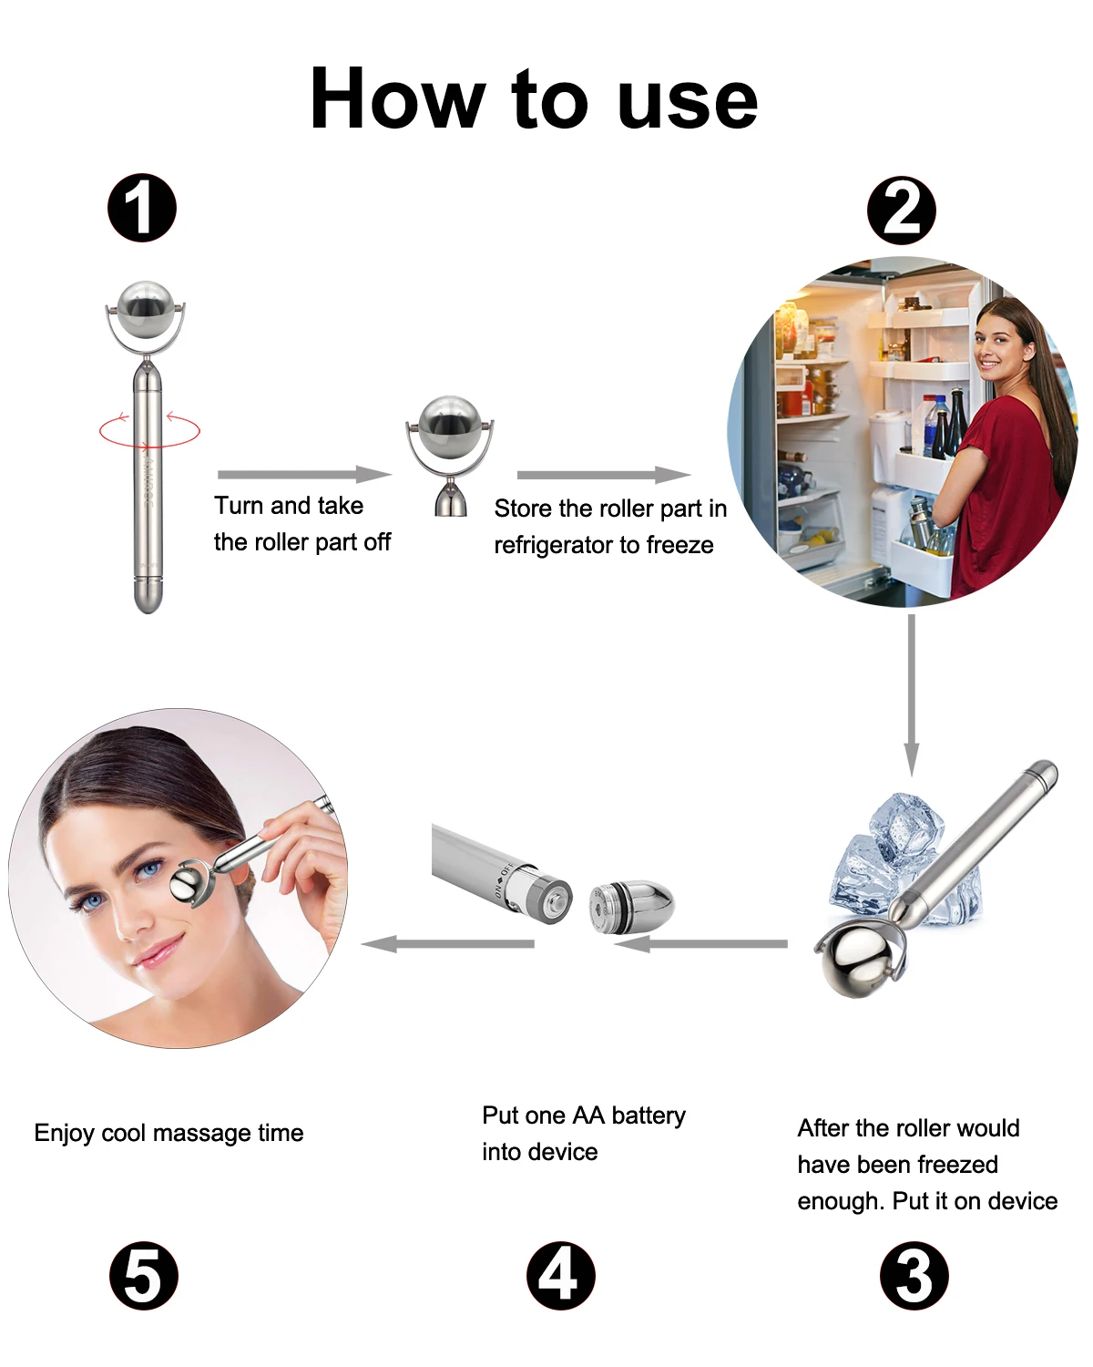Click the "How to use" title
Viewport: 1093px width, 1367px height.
pyautogui.click(x=534, y=98)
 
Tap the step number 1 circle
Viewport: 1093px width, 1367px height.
pyautogui.click(x=142, y=208)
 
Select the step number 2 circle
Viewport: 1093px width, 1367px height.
pyautogui.click(x=901, y=211)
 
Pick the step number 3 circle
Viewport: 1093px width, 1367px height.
pyautogui.click(x=914, y=1275)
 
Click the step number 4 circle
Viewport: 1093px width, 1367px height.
pyautogui.click(x=560, y=1275)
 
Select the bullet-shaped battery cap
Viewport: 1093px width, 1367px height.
pyautogui.click(x=631, y=905)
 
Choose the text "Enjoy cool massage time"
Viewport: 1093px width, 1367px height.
pyautogui.click(x=169, y=1133)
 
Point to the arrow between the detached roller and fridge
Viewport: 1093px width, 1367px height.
pyautogui.click(x=603, y=474)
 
